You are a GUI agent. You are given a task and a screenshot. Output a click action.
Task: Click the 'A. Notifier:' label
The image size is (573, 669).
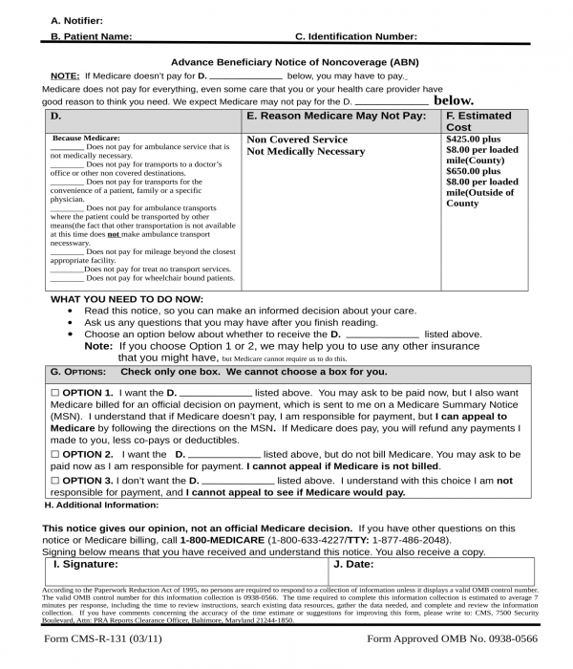[77, 20]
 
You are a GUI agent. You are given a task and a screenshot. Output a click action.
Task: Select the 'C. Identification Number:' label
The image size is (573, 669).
[355, 36]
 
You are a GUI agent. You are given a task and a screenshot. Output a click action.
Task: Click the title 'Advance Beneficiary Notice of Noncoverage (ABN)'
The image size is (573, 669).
[294, 61]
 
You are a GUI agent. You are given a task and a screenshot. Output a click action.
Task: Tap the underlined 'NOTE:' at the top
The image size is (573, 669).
[65, 75]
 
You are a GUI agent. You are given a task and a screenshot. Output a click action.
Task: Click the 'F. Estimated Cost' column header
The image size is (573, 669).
[478, 121]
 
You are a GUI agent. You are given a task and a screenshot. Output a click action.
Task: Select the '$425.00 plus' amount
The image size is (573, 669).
[473, 139]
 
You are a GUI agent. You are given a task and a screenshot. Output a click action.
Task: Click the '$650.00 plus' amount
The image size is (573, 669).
[473, 171]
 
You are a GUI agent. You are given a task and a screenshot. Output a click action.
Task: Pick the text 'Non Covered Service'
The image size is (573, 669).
[297, 140]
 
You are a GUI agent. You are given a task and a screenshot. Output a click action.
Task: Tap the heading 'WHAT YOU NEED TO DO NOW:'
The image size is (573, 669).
[126, 299]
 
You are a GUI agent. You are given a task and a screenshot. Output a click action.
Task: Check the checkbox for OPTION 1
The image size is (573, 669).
[54, 393]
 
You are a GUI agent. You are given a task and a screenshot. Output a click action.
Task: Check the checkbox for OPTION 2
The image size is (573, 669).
[54, 454]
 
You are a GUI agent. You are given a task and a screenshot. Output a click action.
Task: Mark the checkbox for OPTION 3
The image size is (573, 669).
[54, 480]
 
